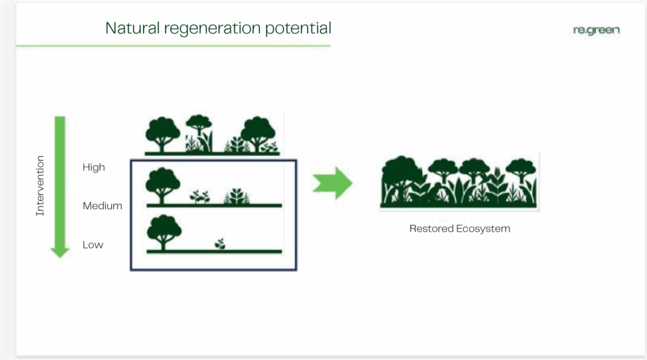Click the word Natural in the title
(x=133, y=28)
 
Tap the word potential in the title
(x=298, y=28)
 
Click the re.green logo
(x=596, y=30)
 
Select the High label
(x=94, y=167)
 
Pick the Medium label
(x=102, y=205)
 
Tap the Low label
(x=93, y=244)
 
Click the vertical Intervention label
(x=40, y=186)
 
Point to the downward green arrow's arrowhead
(x=60, y=253)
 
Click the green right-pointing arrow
(x=332, y=183)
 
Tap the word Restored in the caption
(x=429, y=229)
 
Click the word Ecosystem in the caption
(x=481, y=229)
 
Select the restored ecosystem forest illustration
(x=459, y=181)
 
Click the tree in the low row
(x=164, y=232)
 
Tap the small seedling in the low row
(x=221, y=244)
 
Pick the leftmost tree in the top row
(x=162, y=135)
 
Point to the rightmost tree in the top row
(x=258, y=134)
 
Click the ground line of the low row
(x=214, y=251)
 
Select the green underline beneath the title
(x=173, y=45)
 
